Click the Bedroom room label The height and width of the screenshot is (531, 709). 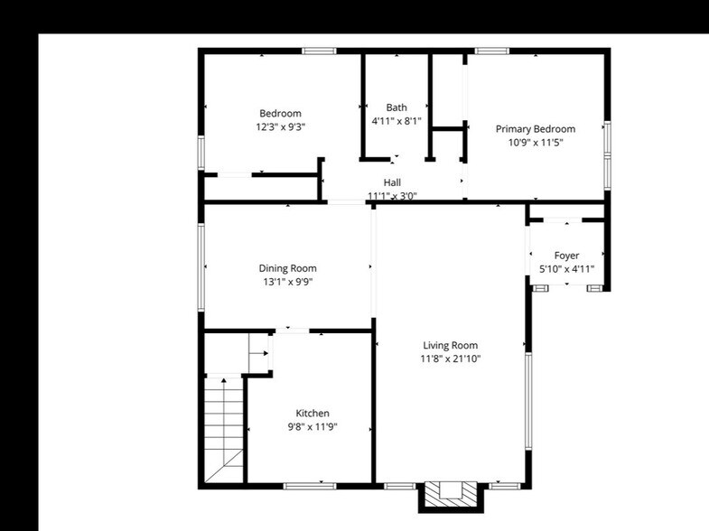280,113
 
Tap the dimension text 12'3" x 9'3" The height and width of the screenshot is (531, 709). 280,127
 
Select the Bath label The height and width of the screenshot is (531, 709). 396,107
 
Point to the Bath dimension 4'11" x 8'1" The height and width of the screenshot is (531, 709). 396,121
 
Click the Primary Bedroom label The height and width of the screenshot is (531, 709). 536,129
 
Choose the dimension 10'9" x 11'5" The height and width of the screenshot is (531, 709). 536,142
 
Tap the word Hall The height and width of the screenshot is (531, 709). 392,182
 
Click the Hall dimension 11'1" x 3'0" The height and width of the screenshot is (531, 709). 392,195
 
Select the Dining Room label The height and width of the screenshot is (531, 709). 288,268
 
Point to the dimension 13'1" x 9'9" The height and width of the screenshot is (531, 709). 288,282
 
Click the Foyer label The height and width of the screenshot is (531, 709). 567,256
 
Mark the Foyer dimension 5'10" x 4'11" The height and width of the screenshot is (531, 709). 567,269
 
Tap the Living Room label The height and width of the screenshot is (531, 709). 451,345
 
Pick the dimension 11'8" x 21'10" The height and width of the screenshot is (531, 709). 451,359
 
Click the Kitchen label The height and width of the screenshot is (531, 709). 313,414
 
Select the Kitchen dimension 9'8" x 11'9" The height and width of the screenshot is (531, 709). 313,427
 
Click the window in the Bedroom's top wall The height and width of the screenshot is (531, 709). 319,51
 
